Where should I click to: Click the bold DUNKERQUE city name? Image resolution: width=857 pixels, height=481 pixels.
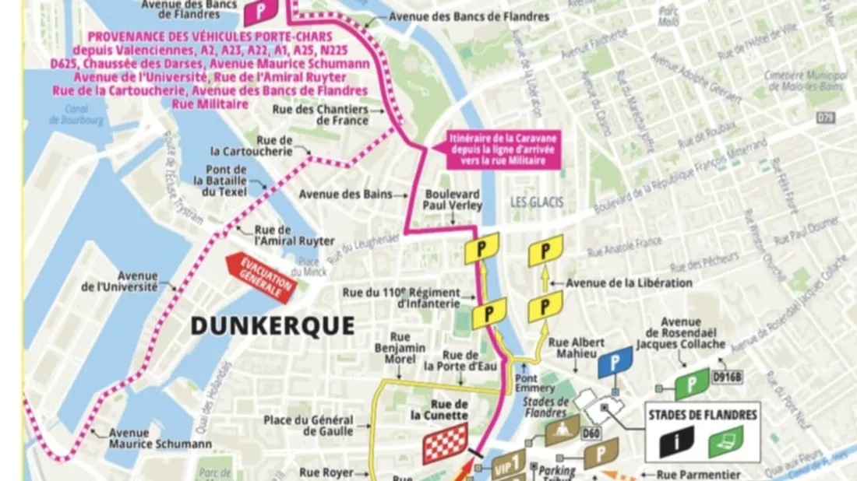click(x=272, y=325)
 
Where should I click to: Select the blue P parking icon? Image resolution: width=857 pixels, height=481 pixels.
click(x=615, y=363)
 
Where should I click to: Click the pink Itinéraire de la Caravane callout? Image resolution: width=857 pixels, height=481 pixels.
click(x=503, y=150)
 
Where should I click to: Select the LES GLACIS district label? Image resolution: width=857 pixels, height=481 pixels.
click(x=536, y=203)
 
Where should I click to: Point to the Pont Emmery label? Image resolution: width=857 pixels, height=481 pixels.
click(x=535, y=383)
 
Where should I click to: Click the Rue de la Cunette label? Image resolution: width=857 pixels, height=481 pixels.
click(x=450, y=409)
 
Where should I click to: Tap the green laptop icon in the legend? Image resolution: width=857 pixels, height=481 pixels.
click(x=725, y=441)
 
